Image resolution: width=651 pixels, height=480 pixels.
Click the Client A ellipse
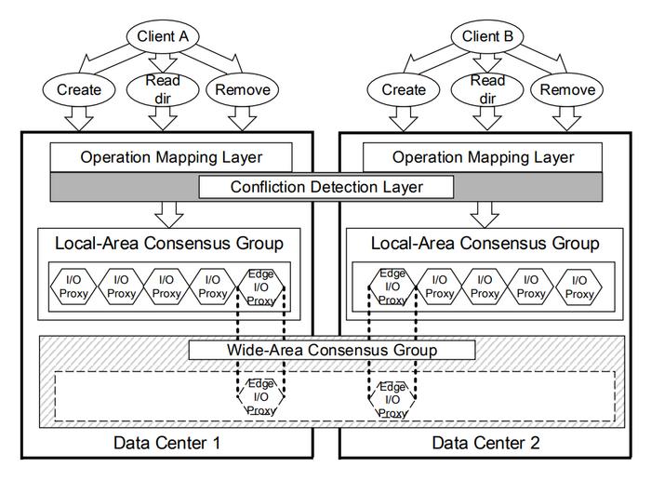click(x=163, y=36)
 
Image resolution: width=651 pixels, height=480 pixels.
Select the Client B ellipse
click(x=487, y=36)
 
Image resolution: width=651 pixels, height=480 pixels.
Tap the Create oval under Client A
click(x=79, y=89)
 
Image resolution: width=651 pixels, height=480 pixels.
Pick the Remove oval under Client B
click(x=566, y=89)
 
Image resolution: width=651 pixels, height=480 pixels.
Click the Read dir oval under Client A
click(x=163, y=89)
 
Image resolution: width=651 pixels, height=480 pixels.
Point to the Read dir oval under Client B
click(x=487, y=89)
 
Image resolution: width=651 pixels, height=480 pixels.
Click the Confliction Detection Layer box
click(x=326, y=187)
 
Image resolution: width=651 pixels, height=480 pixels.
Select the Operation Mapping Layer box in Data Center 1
click(x=171, y=157)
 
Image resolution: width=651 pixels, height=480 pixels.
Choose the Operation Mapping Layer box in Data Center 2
click(x=483, y=157)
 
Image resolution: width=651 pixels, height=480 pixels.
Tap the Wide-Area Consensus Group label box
click(x=332, y=350)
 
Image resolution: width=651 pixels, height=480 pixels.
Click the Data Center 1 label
click(x=166, y=443)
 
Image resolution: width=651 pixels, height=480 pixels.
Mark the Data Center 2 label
click(x=485, y=443)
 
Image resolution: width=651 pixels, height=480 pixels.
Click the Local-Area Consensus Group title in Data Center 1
click(x=169, y=244)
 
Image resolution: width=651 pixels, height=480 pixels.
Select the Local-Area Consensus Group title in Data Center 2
click(x=485, y=244)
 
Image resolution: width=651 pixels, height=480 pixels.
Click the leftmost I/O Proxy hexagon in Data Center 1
click(x=73, y=287)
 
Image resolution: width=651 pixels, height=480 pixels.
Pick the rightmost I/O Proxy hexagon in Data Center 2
click(x=578, y=287)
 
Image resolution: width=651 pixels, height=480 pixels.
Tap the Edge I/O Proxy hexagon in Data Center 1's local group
click(x=260, y=287)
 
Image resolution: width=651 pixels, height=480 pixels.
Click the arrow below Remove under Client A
click(x=243, y=119)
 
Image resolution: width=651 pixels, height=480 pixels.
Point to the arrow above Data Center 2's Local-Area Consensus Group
click(x=485, y=215)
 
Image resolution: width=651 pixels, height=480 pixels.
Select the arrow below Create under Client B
click(x=404, y=119)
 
